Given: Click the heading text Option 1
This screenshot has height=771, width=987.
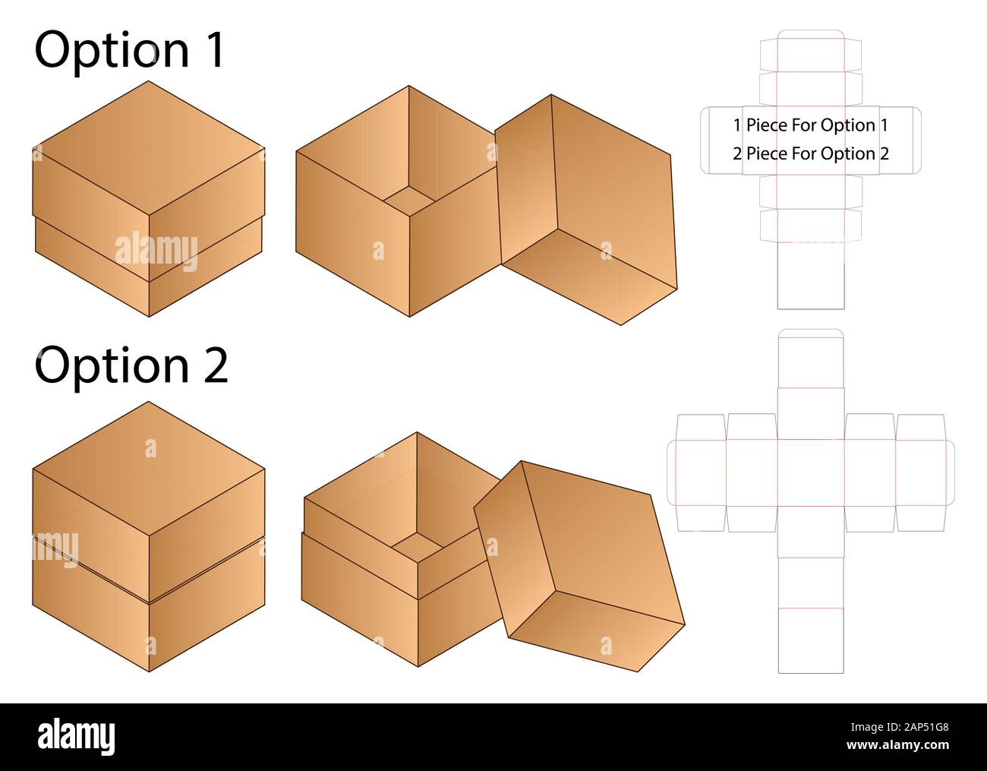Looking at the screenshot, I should point(129,50).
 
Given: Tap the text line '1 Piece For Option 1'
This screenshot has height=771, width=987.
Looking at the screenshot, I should point(810,125).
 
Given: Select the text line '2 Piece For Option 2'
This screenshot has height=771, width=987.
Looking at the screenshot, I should point(810,153).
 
